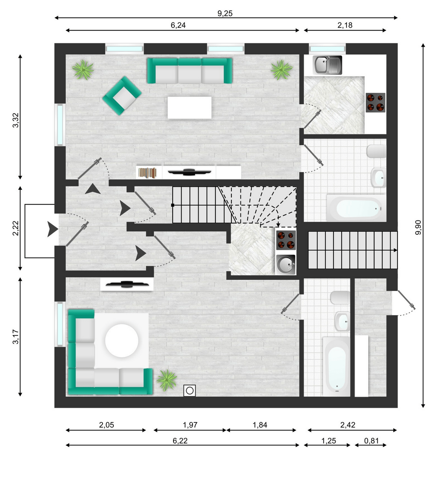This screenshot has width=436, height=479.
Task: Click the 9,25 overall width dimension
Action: [225, 13]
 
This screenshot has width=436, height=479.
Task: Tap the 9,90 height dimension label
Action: [418, 227]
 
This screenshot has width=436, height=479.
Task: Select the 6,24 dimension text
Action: [178, 26]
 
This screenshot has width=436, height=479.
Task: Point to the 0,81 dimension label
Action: [372, 441]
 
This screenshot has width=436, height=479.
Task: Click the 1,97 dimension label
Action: [190, 425]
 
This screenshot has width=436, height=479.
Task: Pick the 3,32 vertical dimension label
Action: [16, 120]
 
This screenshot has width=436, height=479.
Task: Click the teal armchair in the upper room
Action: [122, 95]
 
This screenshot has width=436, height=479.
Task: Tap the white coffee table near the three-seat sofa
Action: [189, 108]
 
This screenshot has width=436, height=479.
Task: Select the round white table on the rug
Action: [122, 341]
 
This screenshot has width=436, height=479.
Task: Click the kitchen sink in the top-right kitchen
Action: [327, 65]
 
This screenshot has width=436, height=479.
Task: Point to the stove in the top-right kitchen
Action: [375, 102]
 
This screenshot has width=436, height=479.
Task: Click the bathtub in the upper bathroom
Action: [356, 208]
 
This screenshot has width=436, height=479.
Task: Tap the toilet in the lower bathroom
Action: [340, 297]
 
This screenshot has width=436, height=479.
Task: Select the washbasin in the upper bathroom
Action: [378, 178]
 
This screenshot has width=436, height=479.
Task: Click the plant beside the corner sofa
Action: [167, 380]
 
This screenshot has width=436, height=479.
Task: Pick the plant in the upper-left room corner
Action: [83, 70]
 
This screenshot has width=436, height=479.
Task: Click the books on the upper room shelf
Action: [147, 172]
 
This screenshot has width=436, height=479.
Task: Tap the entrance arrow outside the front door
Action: [52, 230]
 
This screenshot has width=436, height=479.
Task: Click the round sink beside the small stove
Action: [286, 265]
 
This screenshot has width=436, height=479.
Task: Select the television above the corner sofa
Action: [127, 284]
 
